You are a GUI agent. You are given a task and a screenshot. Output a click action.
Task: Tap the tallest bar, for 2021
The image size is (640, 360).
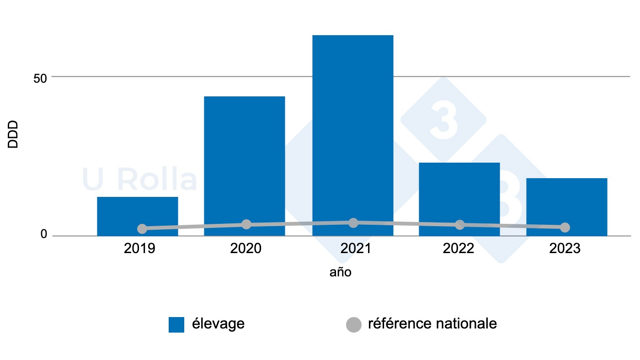(x=352, y=132)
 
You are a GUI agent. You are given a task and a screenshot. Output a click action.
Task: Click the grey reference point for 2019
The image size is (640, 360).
(x=142, y=228)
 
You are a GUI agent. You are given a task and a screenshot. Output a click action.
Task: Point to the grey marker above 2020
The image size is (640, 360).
(x=246, y=224)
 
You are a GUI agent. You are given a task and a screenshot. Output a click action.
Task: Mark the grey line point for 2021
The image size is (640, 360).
(x=353, y=222)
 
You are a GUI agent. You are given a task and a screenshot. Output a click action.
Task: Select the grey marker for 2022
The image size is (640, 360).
(x=460, y=225)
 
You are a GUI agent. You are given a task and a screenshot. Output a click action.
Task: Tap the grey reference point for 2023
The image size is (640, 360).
(x=565, y=227)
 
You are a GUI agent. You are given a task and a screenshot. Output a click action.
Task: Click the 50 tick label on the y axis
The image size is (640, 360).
(x=40, y=78)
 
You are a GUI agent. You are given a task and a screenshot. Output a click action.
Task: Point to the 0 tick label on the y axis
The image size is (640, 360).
(x=44, y=234)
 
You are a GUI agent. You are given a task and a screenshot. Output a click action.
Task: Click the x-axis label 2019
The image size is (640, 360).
(x=139, y=249)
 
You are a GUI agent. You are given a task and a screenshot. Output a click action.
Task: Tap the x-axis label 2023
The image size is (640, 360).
(x=565, y=249)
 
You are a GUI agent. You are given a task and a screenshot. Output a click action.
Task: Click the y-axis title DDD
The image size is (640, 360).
(x=13, y=134)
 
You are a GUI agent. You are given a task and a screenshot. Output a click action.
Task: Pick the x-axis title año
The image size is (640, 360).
(x=341, y=272)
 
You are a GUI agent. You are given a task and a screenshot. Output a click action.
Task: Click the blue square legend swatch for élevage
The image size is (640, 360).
(x=176, y=324)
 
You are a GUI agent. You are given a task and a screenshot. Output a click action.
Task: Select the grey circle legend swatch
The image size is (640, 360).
(x=353, y=324)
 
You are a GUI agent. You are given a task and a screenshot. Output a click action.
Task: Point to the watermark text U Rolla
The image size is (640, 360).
(x=139, y=180)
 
